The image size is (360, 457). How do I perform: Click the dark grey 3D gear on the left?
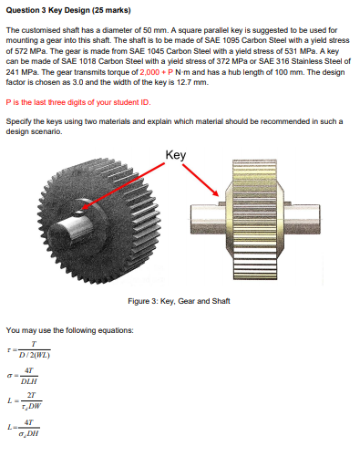click(87, 223)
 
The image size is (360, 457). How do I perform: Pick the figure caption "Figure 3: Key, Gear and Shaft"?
click(179, 302)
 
